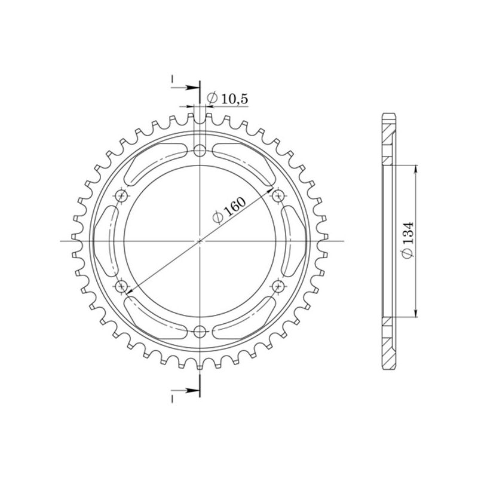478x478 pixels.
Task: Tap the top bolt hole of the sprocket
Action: pos(200,150)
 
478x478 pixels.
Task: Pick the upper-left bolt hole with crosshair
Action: pos(122,195)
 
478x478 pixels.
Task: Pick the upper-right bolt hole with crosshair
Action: pos(278,195)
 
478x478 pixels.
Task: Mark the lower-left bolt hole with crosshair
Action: pos(122,287)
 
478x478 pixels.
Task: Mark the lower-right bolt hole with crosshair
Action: pos(278,287)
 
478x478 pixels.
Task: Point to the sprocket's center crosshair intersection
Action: pos(200,241)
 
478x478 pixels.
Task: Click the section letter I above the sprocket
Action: pos(172,79)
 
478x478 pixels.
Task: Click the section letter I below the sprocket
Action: pos(172,397)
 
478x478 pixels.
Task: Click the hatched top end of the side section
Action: pos(389,134)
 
